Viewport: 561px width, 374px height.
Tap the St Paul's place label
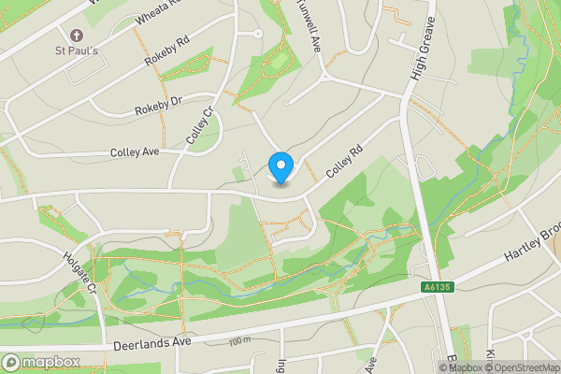(x=77, y=50)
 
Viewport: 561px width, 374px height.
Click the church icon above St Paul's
(x=77, y=35)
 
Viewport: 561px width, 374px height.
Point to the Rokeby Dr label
(x=157, y=106)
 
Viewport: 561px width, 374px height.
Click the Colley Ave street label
(x=137, y=151)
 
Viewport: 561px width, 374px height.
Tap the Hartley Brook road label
(x=533, y=242)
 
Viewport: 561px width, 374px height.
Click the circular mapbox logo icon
(x=11, y=362)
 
